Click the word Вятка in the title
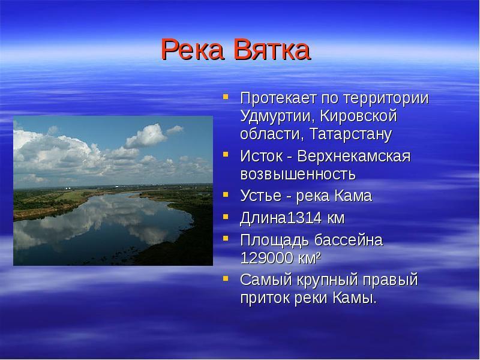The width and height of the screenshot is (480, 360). point(272,49)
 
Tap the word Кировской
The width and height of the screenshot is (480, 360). point(358,116)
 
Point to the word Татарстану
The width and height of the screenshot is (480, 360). point(350,134)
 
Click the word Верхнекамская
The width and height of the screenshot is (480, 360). point(353,156)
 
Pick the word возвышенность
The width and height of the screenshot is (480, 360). point(298,174)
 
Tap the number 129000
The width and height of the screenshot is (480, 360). point(267,258)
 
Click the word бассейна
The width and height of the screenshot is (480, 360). point(349,241)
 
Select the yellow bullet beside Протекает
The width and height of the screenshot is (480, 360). point(226,97)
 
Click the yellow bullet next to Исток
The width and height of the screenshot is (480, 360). point(226,154)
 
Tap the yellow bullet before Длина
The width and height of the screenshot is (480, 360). point(226,217)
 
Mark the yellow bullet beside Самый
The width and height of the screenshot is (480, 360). point(226,278)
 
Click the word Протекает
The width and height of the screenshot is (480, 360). point(278,98)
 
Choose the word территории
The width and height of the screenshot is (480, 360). point(386,99)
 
